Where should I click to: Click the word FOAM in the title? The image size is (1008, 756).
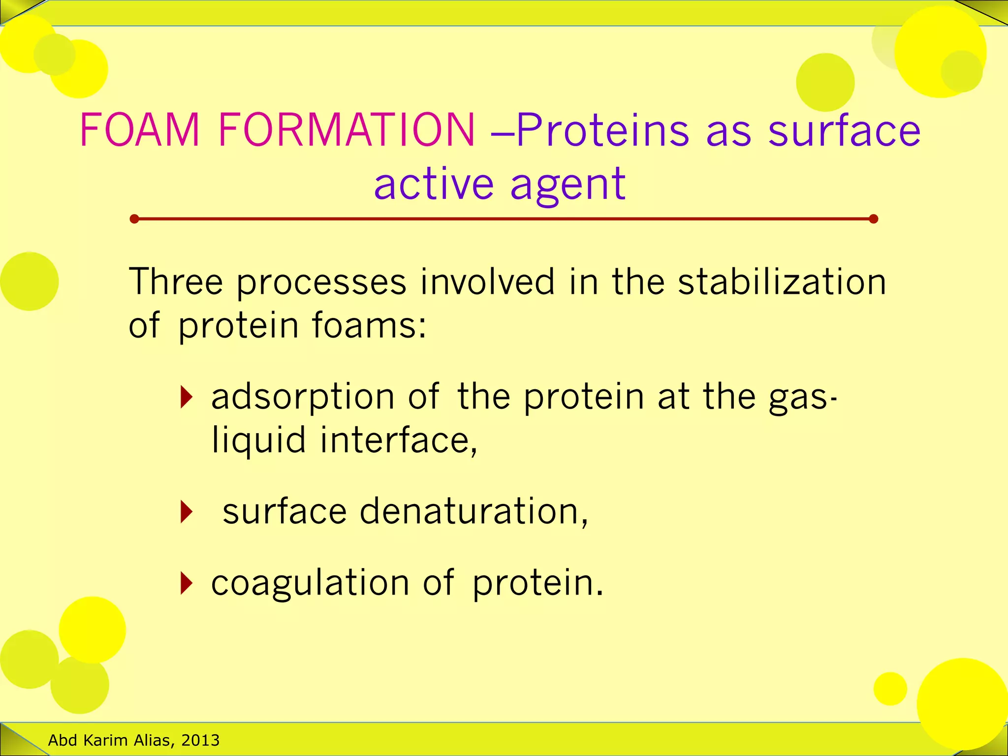[x=140, y=130]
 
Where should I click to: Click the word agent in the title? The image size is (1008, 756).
[x=568, y=185]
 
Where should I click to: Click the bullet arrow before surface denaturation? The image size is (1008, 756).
[x=186, y=511]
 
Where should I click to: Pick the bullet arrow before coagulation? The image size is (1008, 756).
[x=186, y=583]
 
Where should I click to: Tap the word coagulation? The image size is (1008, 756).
[x=310, y=584]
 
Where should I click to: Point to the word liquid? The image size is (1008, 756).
[x=259, y=441]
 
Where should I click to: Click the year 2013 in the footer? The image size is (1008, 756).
[x=200, y=740]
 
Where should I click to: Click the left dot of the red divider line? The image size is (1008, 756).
[x=134, y=219]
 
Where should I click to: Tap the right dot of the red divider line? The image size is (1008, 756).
[x=874, y=219]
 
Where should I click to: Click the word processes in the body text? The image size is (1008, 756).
[x=321, y=282]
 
